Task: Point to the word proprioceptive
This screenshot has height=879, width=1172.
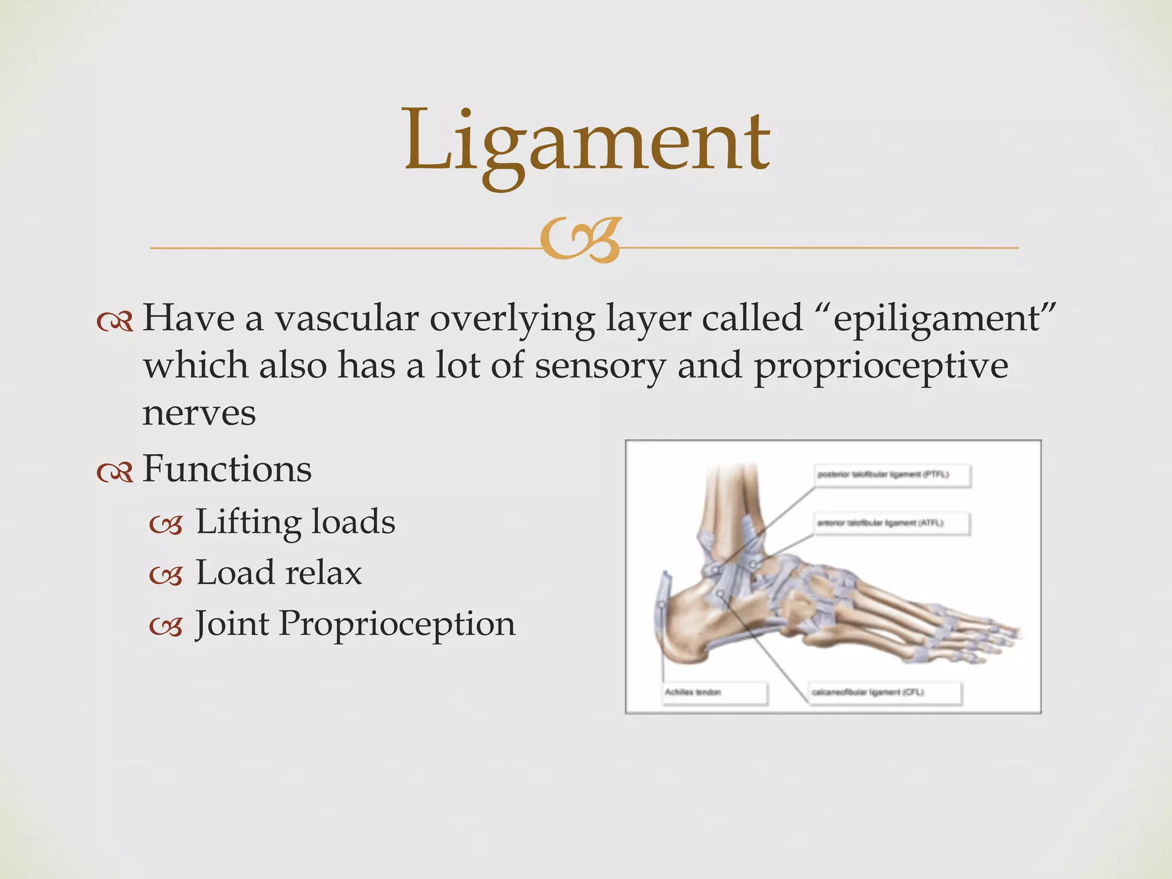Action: pos(881,366)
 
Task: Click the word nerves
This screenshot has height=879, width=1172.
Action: pos(199,413)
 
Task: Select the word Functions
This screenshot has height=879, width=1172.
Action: pos(227,469)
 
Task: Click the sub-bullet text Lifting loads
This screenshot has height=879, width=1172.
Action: pos(295,522)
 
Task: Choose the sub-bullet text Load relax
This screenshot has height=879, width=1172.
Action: pos(279,572)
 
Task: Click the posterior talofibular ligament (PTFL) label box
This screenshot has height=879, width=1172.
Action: pos(892,475)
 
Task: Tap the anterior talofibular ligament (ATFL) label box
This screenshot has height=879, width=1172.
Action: pos(892,523)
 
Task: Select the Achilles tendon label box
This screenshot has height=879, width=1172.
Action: pos(714,692)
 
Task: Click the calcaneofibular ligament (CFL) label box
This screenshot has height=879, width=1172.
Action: pos(884,692)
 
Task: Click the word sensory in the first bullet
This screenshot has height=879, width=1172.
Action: pos(600,366)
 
